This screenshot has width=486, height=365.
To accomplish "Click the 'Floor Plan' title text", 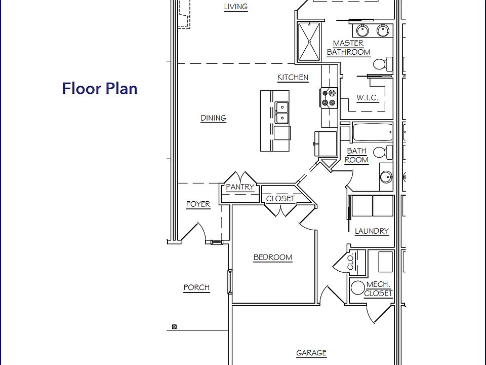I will point(100,88).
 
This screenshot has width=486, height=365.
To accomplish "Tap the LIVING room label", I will point(235,7).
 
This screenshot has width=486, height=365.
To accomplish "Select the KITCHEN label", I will point(293,78).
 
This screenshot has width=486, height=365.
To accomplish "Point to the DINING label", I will point(213,118).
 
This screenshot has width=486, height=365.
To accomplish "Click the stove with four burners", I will point(329,97).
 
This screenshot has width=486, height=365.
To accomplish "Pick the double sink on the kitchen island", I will point(281,113).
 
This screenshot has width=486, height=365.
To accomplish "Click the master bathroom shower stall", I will point(309,42).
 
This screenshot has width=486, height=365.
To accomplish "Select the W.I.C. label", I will point(368,97).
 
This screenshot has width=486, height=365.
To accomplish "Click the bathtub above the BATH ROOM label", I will point(372,133).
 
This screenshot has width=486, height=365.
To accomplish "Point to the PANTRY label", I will point(240,187).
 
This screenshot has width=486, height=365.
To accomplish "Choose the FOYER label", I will point(198,204).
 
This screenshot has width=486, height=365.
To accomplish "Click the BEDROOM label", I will point(273,258).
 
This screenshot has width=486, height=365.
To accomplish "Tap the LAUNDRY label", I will point(372,231).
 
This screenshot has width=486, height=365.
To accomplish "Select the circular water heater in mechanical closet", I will point(358,288).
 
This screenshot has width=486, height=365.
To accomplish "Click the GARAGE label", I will point(311,353).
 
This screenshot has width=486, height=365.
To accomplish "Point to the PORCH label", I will point(196,287).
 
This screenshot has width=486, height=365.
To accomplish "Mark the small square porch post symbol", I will point(174,327).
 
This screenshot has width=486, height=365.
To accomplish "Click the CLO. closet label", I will point(350,261).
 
